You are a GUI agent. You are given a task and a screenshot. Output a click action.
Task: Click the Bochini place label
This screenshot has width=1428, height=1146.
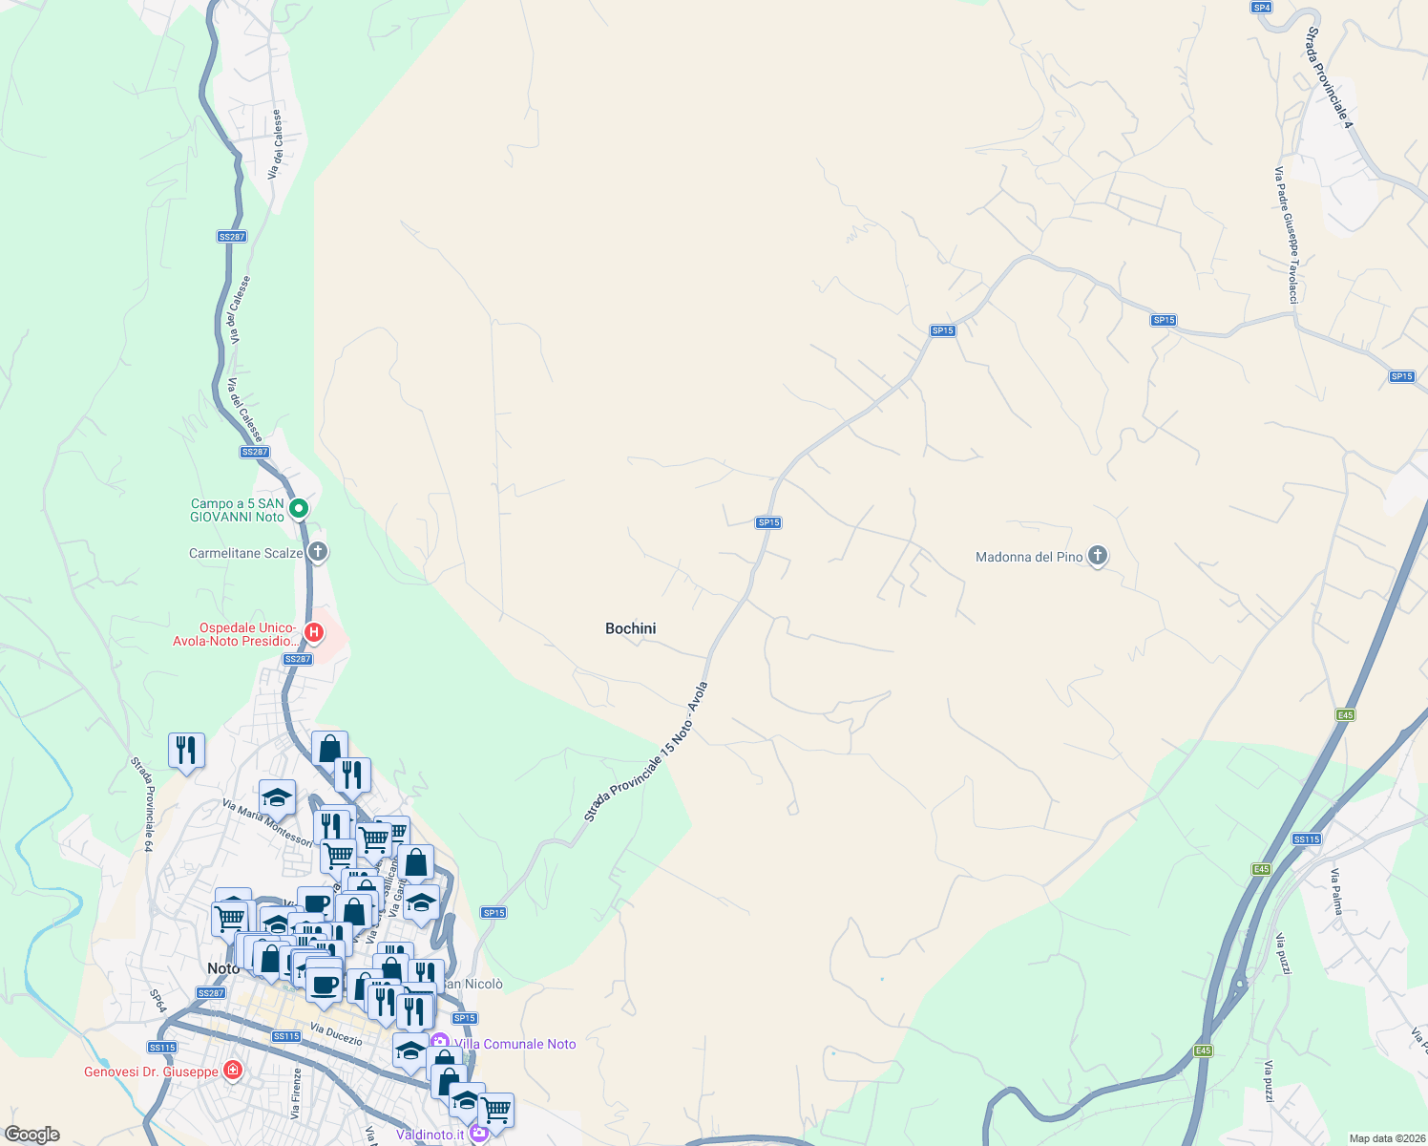[x=630, y=628]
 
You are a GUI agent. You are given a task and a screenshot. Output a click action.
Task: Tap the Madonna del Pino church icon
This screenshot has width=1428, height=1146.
[x=1098, y=555]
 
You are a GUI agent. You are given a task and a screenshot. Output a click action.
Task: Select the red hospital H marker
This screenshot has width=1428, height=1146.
[x=313, y=632]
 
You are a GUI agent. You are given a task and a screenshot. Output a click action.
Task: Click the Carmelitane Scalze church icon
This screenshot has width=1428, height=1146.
[x=318, y=552]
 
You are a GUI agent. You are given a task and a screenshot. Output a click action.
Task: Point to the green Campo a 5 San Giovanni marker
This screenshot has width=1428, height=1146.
[x=299, y=508]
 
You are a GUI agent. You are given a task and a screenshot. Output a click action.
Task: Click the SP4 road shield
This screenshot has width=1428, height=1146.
[x=1261, y=8]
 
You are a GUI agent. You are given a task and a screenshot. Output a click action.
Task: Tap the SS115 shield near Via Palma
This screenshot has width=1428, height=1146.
[x=1306, y=839]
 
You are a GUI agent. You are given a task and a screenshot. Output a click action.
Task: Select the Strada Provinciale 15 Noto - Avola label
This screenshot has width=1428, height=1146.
[x=646, y=752]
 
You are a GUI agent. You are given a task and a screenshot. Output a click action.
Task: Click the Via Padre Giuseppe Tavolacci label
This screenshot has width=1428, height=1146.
[x=1286, y=236]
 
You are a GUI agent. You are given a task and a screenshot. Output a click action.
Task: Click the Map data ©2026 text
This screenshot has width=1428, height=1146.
[x=1384, y=1138]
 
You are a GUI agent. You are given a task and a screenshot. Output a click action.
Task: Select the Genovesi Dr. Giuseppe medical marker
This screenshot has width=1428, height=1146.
[x=232, y=1071]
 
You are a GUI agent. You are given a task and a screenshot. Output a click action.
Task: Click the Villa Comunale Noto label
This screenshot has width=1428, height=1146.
[x=515, y=1044]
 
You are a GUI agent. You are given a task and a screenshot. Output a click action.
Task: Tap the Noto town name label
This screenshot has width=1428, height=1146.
[x=223, y=968]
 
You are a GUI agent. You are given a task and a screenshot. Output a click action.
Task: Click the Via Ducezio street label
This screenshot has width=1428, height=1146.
[x=336, y=1034]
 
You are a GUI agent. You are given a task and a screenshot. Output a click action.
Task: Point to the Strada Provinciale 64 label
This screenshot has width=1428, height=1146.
[x=142, y=804]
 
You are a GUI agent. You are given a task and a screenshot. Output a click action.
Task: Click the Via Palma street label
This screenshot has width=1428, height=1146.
[x=1337, y=891]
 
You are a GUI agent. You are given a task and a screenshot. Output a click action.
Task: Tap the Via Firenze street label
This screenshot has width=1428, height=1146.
[x=296, y=1093]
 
